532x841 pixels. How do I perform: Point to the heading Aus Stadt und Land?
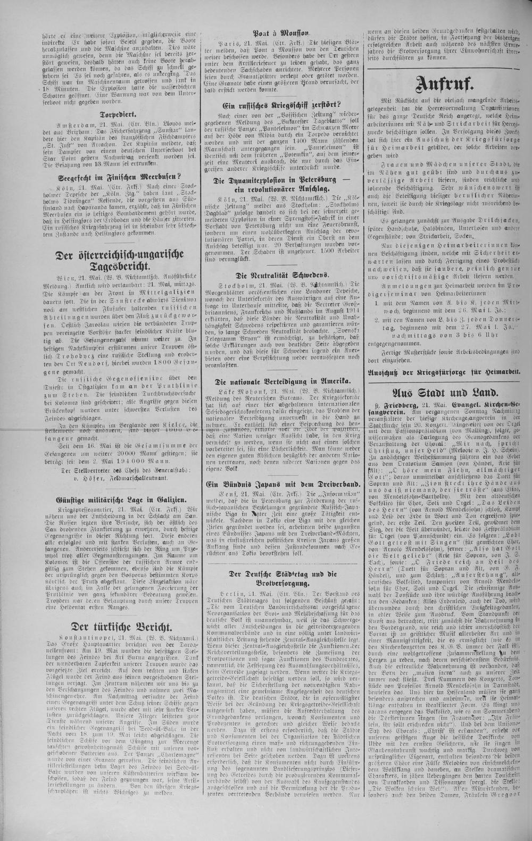pos(445,393)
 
